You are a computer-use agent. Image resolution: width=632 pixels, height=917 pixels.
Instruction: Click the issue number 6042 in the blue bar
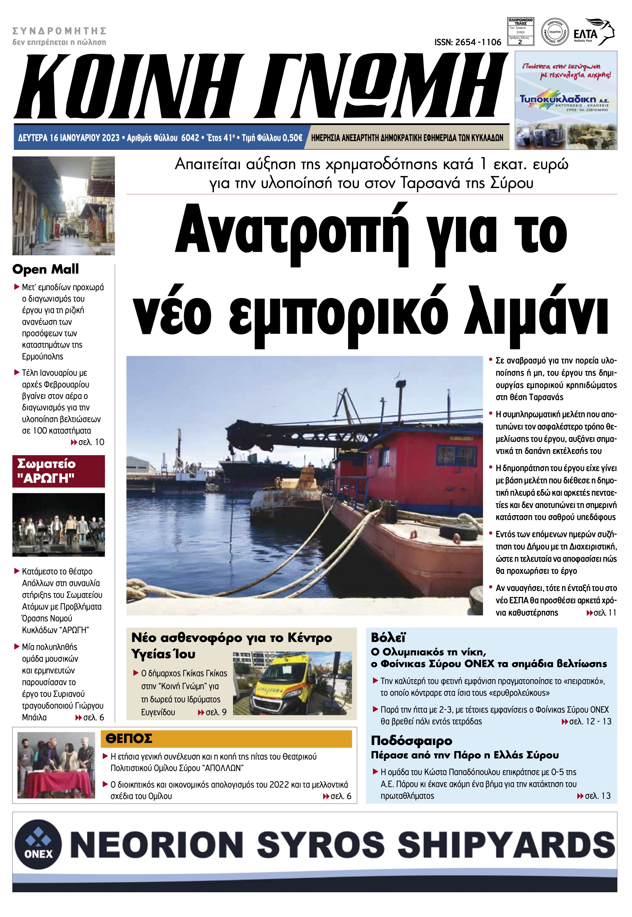pyautogui.click(x=190, y=138)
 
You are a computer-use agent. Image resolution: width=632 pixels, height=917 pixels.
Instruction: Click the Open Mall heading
pyautogui.click(x=46, y=269)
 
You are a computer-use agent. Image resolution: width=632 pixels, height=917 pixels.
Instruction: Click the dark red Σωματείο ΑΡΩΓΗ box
pyautogui.click(x=59, y=471)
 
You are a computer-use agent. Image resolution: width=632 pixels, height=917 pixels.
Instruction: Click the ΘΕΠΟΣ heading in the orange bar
pyautogui.click(x=129, y=738)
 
